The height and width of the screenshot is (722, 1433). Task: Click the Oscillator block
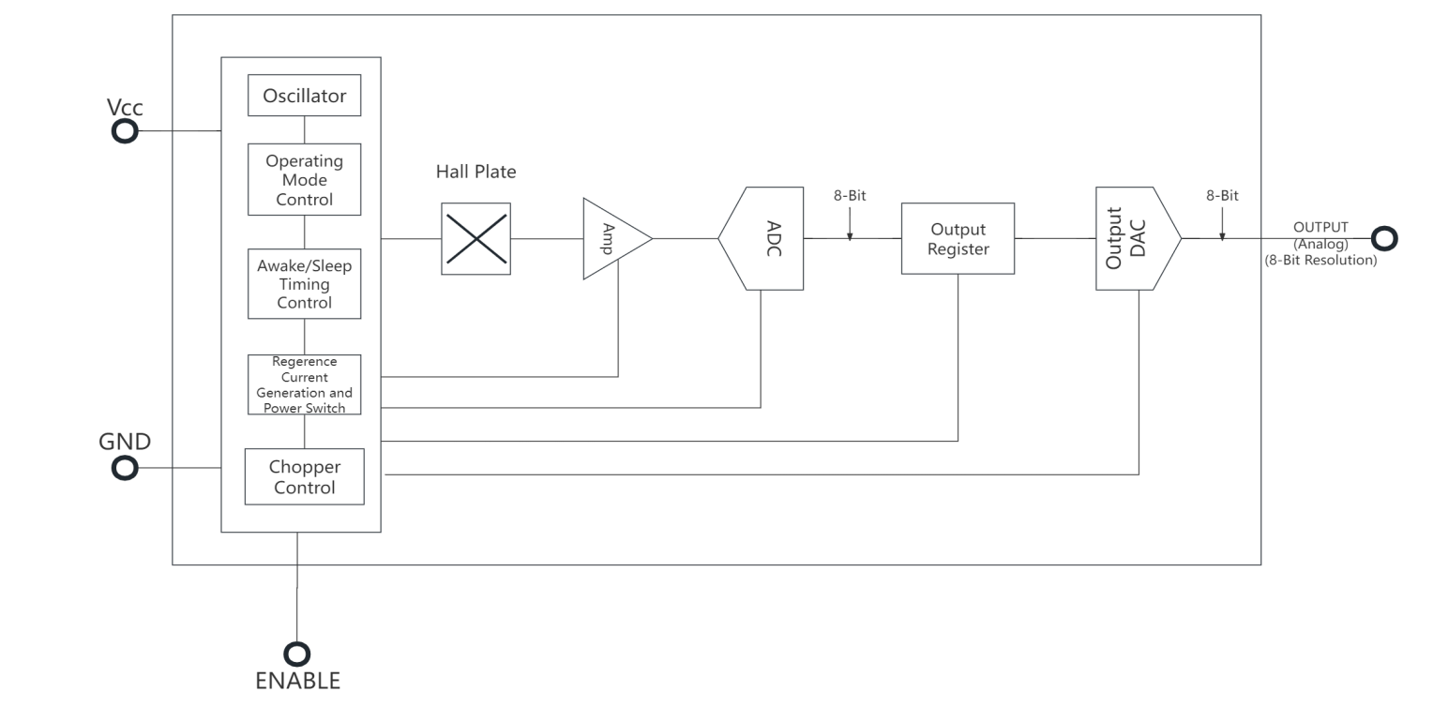(304, 96)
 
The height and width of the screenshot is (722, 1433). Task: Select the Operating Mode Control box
(304, 179)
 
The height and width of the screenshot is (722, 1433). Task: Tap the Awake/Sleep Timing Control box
(304, 284)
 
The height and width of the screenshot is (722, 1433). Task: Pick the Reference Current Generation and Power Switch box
(304, 384)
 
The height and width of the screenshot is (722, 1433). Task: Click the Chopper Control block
(304, 477)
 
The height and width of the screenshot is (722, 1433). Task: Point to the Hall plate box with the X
(475, 239)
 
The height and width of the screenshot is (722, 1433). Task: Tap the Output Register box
(957, 239)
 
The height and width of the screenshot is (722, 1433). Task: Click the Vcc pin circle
(125, 131)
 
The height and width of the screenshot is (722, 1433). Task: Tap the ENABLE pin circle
(297, 653)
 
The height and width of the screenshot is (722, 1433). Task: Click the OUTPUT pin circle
(1383, 238)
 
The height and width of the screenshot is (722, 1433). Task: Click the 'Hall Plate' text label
(475, 173)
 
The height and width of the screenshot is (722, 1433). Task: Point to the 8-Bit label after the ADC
(851, 196)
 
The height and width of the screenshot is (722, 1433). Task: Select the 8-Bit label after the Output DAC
(1221, 196)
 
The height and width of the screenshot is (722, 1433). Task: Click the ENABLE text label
(297, 681)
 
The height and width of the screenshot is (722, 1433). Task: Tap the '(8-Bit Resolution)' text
(1320, 261)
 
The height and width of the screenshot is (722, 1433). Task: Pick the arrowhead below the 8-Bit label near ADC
(850, 234)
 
